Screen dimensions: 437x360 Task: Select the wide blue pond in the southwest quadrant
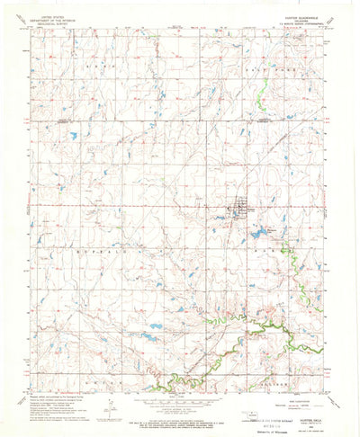click(154, 327)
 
